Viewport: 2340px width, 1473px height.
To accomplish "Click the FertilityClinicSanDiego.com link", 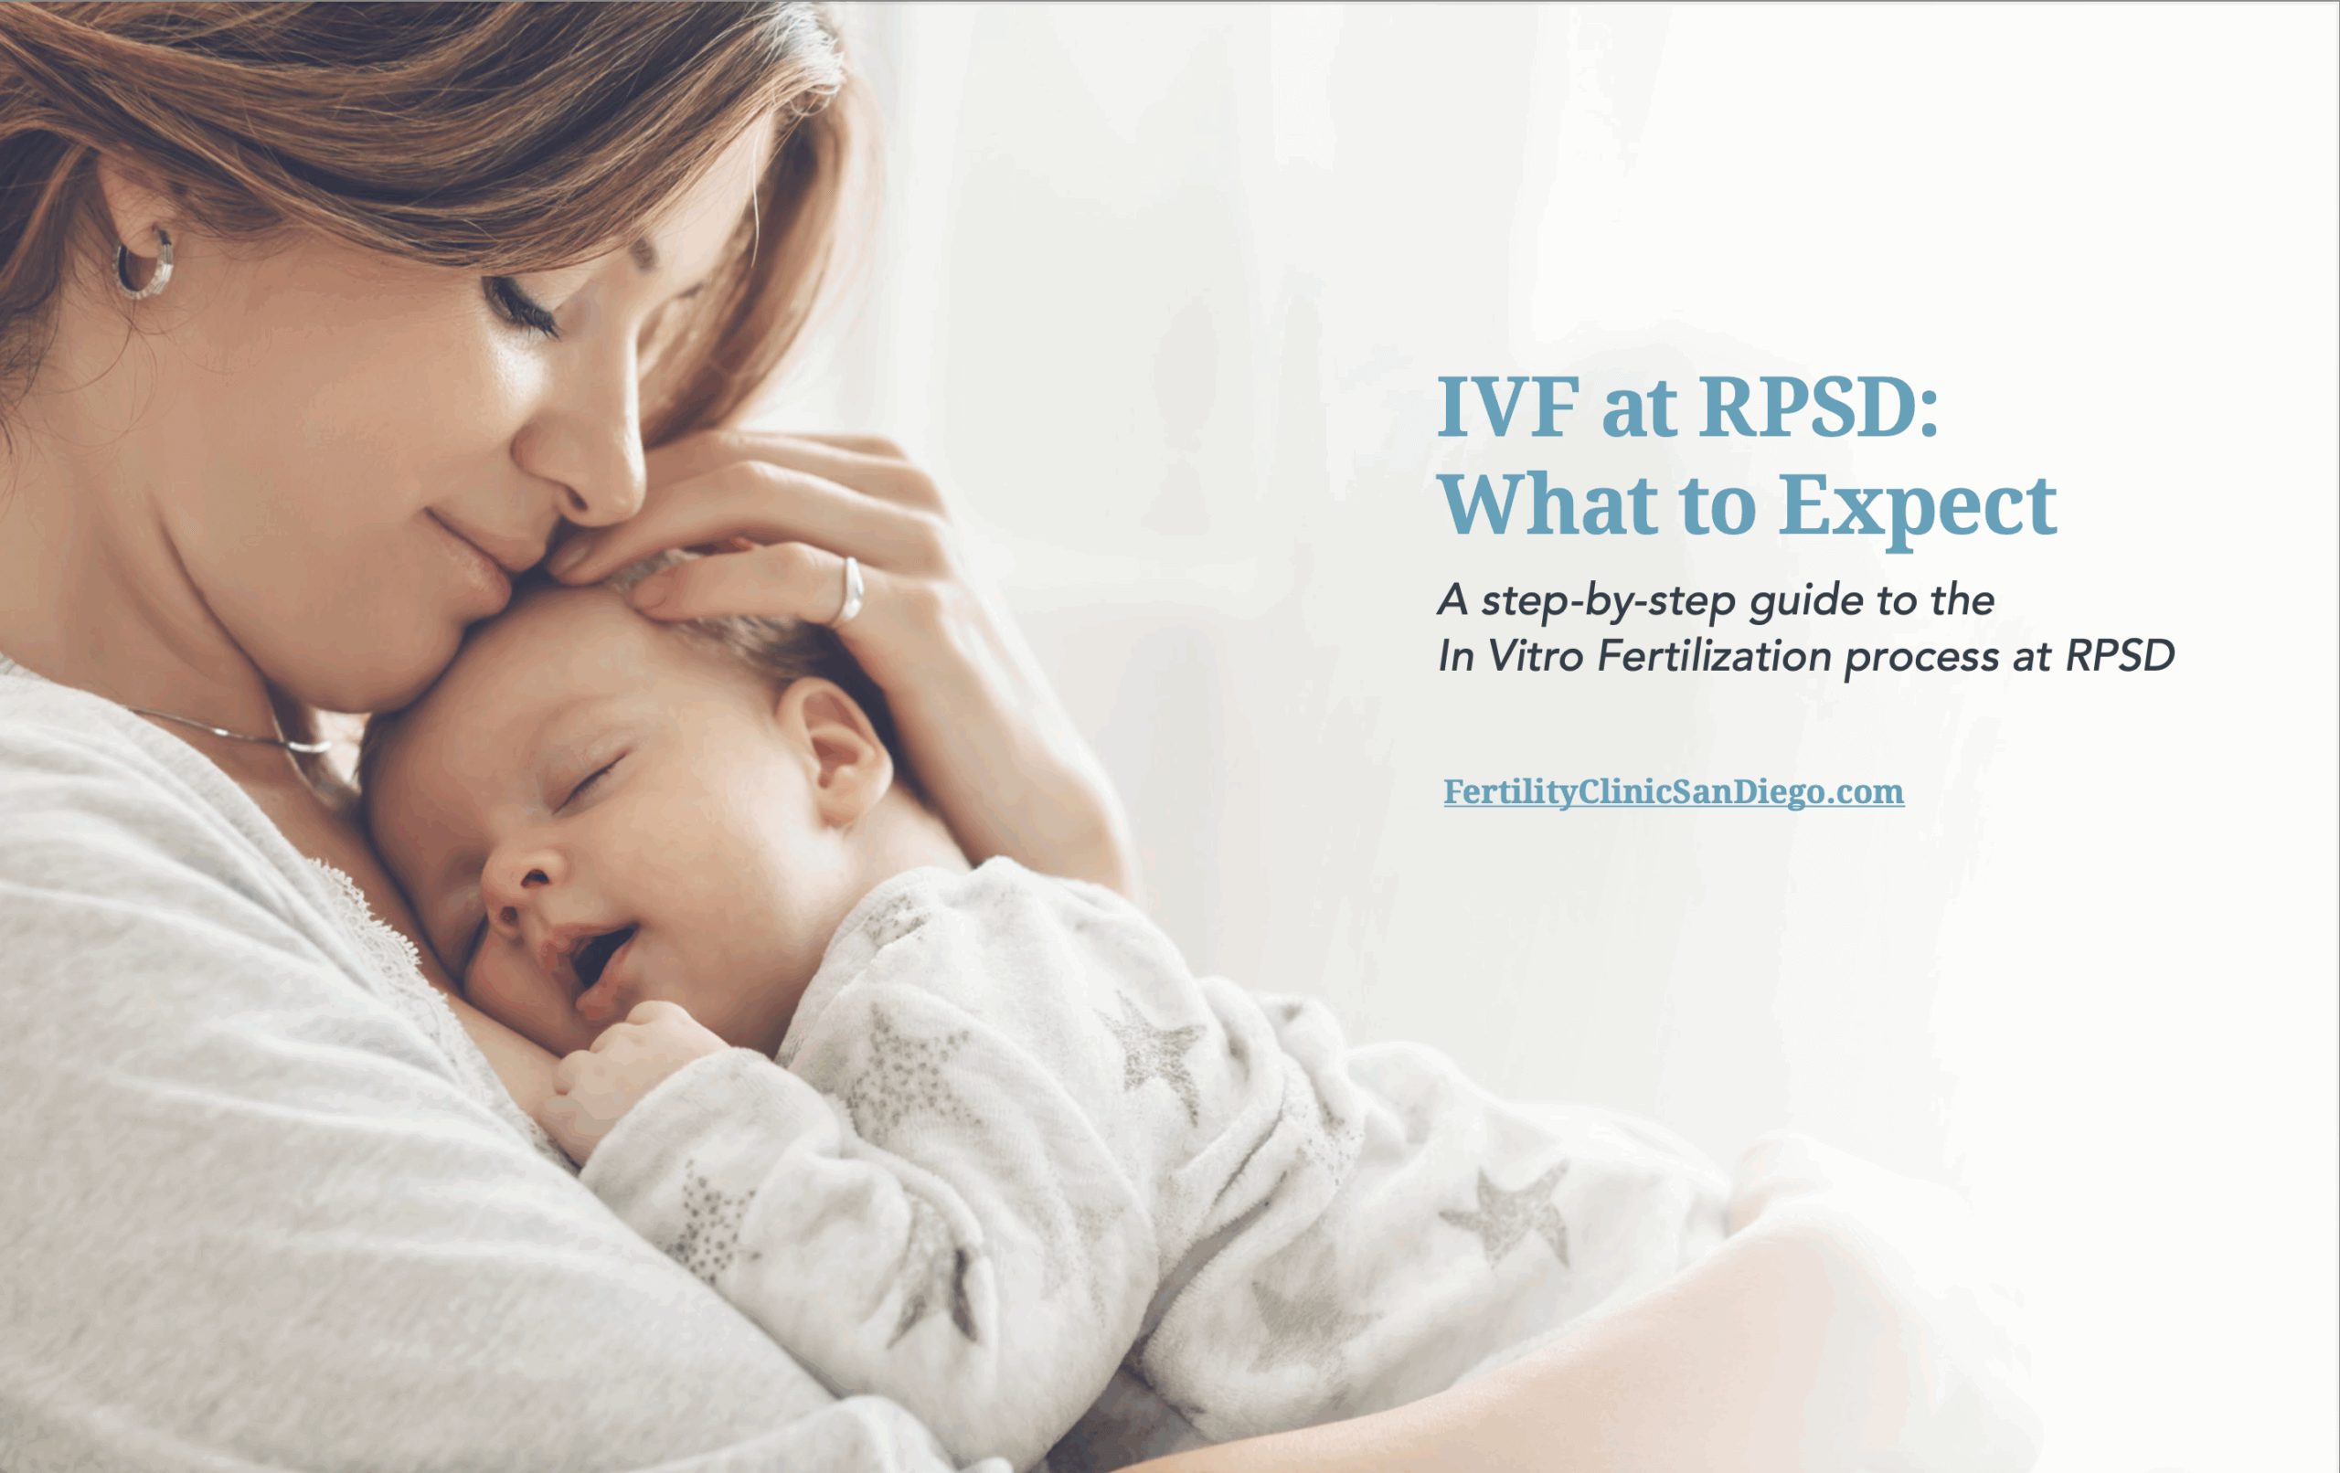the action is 1674,792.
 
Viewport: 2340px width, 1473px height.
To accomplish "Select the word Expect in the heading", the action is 1919,506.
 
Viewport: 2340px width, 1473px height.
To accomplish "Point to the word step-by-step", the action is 1608,601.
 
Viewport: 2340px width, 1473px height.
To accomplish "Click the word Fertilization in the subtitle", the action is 1715,656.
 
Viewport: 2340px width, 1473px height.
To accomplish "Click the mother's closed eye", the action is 525,307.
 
